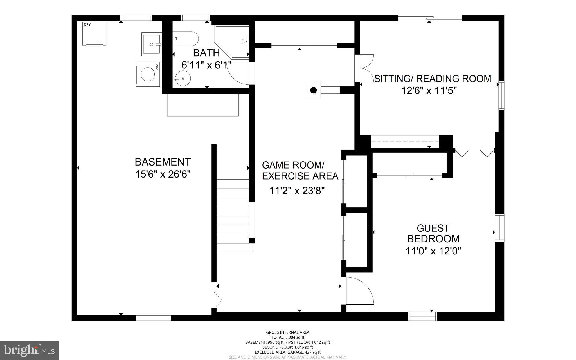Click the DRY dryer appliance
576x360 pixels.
click(94, 33)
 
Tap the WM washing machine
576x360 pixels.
click(148, 74)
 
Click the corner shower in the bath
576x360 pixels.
click(232, 42)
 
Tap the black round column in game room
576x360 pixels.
click(314, 90)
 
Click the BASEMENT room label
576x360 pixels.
click(163, 162)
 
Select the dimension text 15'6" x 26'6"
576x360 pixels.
click(163, 174)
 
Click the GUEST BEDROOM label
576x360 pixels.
click(433, 233)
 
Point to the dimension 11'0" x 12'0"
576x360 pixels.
click(433, 251)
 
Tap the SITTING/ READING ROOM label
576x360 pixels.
click(433, 79)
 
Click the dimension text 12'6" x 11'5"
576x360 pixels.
click(429, 91)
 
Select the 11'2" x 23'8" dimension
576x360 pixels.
click(297, 191)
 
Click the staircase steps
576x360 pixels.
click(233, 216)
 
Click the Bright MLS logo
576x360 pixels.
click(29, 350)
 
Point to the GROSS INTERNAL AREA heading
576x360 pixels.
click(288, 332)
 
